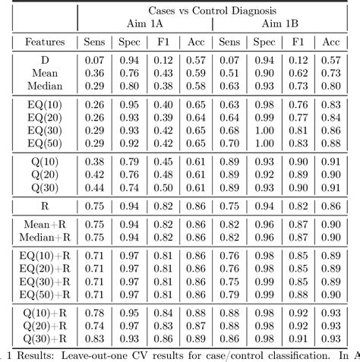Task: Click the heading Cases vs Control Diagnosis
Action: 213,11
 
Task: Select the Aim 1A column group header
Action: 144,25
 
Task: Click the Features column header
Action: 39,43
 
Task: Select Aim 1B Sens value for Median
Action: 230,86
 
